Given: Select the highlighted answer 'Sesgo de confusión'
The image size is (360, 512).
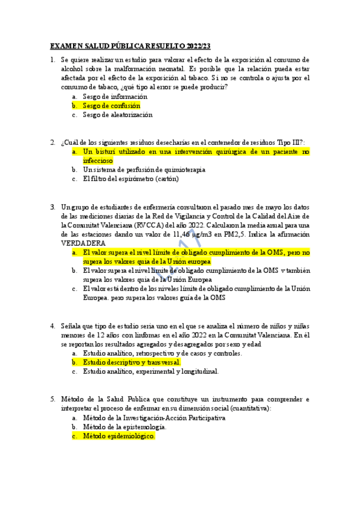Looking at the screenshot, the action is click(111, 106).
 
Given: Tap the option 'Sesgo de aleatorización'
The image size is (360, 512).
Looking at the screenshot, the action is click(117, 115).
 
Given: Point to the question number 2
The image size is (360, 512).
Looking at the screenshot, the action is click(53, 142).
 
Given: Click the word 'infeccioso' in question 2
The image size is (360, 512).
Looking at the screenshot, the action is click(98, 161).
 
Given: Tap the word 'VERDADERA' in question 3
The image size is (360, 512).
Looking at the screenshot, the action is click(83, 243).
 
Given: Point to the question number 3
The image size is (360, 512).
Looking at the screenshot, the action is click(53, 206).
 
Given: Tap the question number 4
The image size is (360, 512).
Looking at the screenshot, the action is click(53, 325).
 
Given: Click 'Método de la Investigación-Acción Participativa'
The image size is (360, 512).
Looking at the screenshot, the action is click(153, 417).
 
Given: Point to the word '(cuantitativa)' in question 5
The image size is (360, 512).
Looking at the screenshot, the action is click(251, 408).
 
